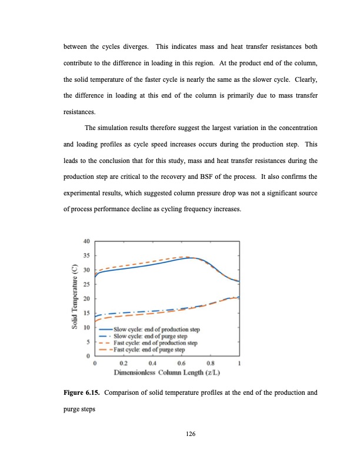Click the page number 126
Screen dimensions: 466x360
coord(190,434)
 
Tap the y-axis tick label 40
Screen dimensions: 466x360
coord(86,241)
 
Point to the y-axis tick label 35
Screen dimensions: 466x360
coord(86,255)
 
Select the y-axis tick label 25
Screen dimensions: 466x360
coord(86,284)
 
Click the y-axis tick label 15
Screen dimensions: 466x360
coord(86,313)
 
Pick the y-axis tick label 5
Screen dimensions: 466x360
coord(88,342)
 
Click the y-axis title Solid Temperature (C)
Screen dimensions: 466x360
coord(75,298)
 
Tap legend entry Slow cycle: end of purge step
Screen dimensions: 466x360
coord(148,335)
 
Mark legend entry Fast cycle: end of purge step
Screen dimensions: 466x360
coord(148,348)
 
